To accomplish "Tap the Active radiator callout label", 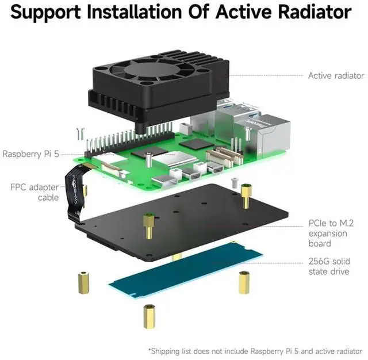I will pos(336,75).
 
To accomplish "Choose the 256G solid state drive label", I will pos(328,266).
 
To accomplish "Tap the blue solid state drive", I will pos(186,269).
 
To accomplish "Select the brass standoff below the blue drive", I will pos(148,316).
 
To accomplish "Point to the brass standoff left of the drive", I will pos(83,282).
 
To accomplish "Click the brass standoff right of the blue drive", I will pos(244,282).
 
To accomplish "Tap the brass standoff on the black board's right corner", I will pos(247,196).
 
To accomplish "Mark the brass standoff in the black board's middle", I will pos(149,225).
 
